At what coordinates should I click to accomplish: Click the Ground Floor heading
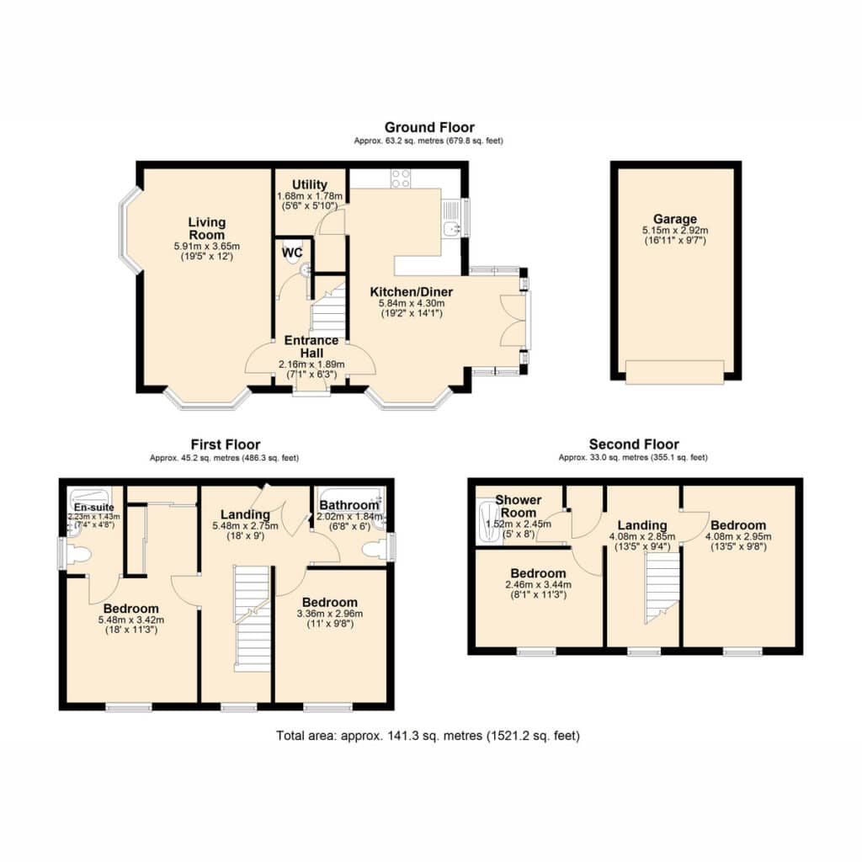(x=429, y=128)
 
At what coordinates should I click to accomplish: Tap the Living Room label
(x=207, y=229)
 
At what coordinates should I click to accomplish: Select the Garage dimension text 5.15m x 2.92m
(x=675, y=231)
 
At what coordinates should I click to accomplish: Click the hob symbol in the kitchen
(x=401, y=178)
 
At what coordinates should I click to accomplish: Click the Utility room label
(x=310, y=184)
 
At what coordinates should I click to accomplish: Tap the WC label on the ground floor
(x=292, y=253)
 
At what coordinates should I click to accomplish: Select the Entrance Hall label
(x=311, y=347)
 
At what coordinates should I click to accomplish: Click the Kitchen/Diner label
(x=411, y=292)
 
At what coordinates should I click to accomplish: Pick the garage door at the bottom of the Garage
(x=675, y=372)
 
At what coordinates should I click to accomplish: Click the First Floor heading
(x=226, y=444)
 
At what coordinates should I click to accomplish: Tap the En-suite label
(x=94, y=508)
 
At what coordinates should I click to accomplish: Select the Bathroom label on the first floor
(x=349, y=505)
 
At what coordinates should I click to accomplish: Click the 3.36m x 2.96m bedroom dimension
(x=330, y=614)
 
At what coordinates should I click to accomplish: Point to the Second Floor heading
(x=634, y=444)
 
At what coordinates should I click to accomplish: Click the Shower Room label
(x=518, y=506)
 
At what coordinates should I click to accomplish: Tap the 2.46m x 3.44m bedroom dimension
(x=538, y=585)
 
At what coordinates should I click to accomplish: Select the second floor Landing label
(x=642, y=525)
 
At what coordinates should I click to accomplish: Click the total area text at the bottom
(x=428, y=736)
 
